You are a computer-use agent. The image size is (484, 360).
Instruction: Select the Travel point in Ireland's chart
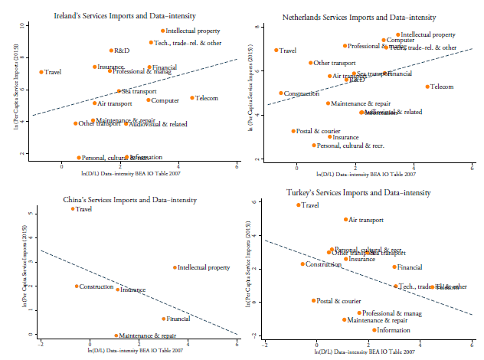click(x=41, y=72)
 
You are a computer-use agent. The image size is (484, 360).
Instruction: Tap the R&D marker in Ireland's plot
click(x=111, y=51)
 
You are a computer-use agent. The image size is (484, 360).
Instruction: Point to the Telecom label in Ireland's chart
click(x=207, y=98)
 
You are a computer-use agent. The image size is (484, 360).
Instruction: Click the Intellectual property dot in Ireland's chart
click(x=163, y=31)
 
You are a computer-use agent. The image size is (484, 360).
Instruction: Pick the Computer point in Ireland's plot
click(x=149, y=100)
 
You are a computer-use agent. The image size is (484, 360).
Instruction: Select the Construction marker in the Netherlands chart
click(x=281, y=93)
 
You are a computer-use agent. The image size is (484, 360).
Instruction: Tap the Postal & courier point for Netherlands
click(x=293, y=131)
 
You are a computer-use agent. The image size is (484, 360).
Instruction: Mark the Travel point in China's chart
click(x=73, y=208)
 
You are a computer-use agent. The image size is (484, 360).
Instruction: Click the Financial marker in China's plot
click(x=163, y=319)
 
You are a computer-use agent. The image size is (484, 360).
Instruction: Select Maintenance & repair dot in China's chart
click(x=116, y=335)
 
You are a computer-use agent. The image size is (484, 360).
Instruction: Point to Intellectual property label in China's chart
click(x=204, y=268)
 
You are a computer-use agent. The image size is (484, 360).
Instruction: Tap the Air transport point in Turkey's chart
click(x=346, y=220)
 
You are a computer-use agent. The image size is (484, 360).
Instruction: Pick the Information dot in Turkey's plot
click(x=374, y=330)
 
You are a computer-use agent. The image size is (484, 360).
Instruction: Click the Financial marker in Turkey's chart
click(x=394, y=267)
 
